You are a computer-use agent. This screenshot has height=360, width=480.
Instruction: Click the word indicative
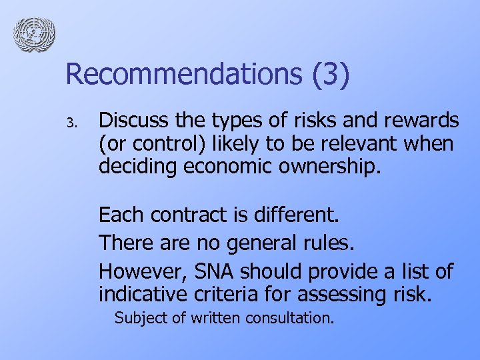(x=142, y=293)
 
